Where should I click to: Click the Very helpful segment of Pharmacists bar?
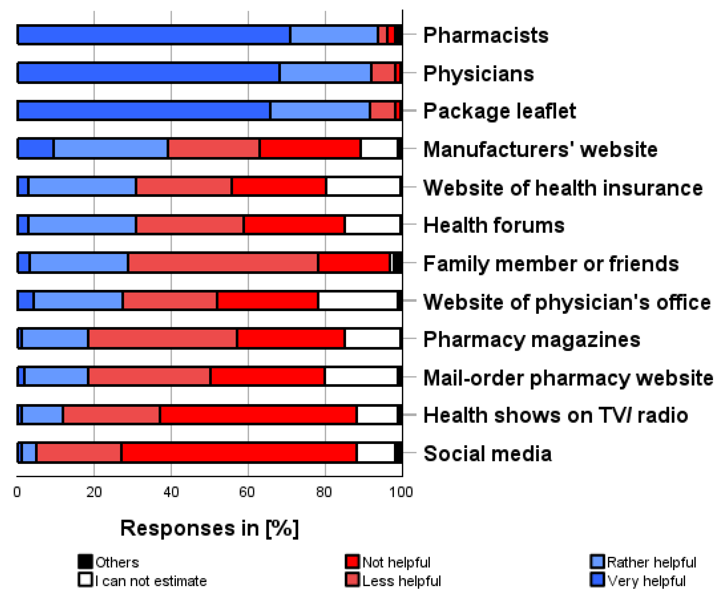click(x=154, y=35)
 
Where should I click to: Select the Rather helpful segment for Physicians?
click(x=325, y=73)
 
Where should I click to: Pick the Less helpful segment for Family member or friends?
click(x=223, y=263)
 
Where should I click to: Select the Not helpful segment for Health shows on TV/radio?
click(x=258, y=415)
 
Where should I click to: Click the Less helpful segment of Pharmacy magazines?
click(x=163, y=339)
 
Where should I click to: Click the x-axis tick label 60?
click(x=247, y=492)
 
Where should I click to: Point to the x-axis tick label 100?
click(x=401, y=492)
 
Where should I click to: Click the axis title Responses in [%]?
click(x=209, y=528)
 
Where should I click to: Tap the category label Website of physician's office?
click(x=567, y=302)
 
